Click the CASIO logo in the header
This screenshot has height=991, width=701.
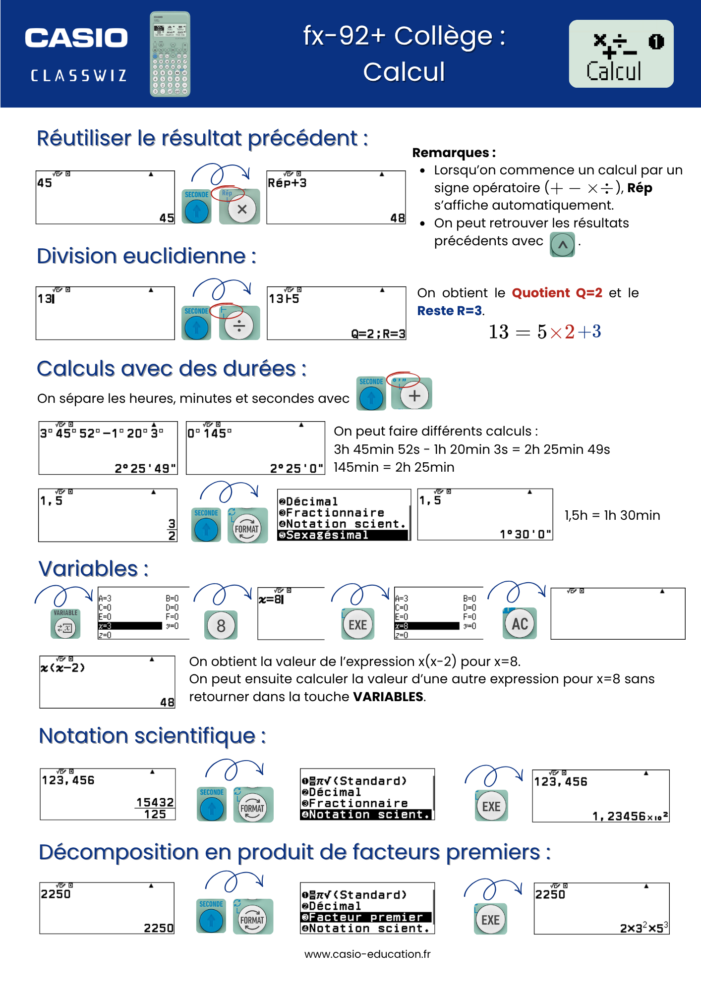coord(76,38)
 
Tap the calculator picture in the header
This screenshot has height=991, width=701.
coord(170,54)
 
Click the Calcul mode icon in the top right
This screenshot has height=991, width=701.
coord(621,54)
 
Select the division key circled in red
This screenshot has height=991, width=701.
coord(239,326)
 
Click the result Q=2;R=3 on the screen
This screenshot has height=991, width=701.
coord(378,333)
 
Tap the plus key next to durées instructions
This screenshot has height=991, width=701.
coord(414,395)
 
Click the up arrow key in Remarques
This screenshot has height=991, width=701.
coord(562,245)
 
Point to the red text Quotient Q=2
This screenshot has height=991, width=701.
coord(556,293)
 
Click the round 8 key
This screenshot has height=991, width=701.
coord(221,625)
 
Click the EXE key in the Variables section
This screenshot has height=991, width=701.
coord(357,625)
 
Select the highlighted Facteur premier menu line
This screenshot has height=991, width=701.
coord(366,917)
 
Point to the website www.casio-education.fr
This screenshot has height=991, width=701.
coord(367,954)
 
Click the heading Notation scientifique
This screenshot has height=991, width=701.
coord(152,736)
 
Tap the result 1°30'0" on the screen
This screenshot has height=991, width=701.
coord(525,534)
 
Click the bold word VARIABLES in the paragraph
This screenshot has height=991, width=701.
coord(388,697)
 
